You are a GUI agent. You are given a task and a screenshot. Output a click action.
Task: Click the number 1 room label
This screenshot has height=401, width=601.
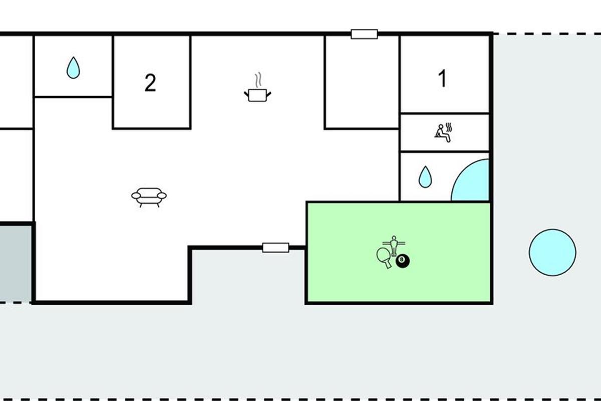[442, 79]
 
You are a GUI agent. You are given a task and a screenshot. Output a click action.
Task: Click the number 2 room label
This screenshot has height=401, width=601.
[150, 83]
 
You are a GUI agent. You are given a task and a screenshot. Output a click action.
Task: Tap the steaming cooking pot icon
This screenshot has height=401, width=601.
[258, 94]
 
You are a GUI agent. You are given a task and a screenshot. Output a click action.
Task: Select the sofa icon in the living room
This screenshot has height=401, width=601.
[149, 197]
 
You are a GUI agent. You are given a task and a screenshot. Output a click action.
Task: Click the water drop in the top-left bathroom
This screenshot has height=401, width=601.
[73, 68]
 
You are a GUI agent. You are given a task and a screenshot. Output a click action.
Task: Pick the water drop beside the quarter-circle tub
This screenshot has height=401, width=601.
[425, 177]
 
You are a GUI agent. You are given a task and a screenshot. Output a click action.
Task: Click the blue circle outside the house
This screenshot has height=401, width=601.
[552, 252]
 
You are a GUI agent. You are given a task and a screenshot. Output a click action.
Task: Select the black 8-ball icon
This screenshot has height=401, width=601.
[403, 260]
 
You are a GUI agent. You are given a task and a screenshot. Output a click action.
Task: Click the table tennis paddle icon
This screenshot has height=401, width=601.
[384, 257]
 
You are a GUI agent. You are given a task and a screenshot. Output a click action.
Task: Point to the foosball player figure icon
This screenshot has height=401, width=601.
[394, 245]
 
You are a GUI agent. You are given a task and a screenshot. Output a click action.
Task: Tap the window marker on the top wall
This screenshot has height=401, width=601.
[364, 34]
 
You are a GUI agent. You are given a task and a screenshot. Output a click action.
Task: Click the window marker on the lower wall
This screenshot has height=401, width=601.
[276, 247]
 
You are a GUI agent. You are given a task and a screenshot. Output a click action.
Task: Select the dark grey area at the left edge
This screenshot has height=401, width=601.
[15, 263]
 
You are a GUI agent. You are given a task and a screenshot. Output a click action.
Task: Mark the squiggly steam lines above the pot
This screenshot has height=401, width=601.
[258, 80]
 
